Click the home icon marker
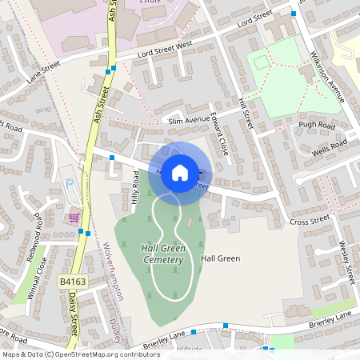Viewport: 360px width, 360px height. click(180, 172)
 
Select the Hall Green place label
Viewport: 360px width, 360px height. click(221, 258)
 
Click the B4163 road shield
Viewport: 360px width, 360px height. click(72, 282)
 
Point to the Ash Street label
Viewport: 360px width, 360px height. click(102, 105)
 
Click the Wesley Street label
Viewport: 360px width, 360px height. click(346, 262)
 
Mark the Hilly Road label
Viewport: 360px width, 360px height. click(136, 191)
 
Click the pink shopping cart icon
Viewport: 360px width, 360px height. click(74, 218)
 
